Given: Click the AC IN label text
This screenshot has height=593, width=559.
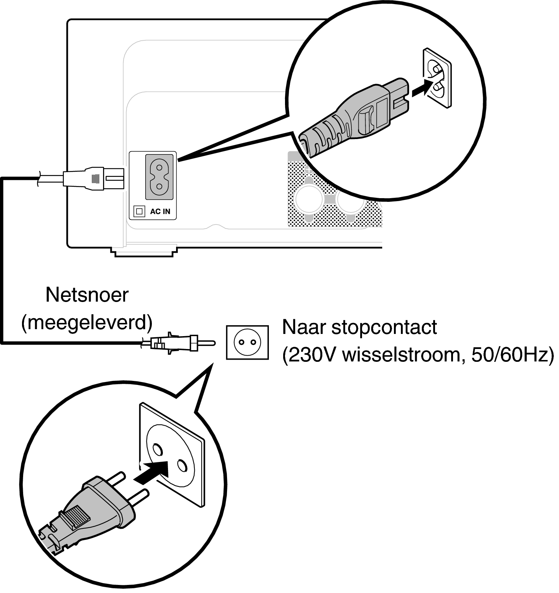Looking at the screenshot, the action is pos(160,212).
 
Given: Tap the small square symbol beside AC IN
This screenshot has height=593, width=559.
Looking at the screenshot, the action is pos(139,211).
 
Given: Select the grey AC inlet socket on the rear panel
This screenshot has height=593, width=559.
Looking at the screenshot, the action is pos(159,177).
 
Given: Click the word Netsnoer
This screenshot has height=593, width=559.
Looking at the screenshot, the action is pos(87,295).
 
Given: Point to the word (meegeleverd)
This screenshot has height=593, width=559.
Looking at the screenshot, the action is pos(87,323).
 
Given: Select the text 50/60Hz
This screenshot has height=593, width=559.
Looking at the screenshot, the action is pos(512,355).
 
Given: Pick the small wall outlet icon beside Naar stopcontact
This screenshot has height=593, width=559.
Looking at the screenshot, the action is pos(247,342).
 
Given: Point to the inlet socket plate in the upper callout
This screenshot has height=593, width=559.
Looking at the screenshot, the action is pos(437,78).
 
